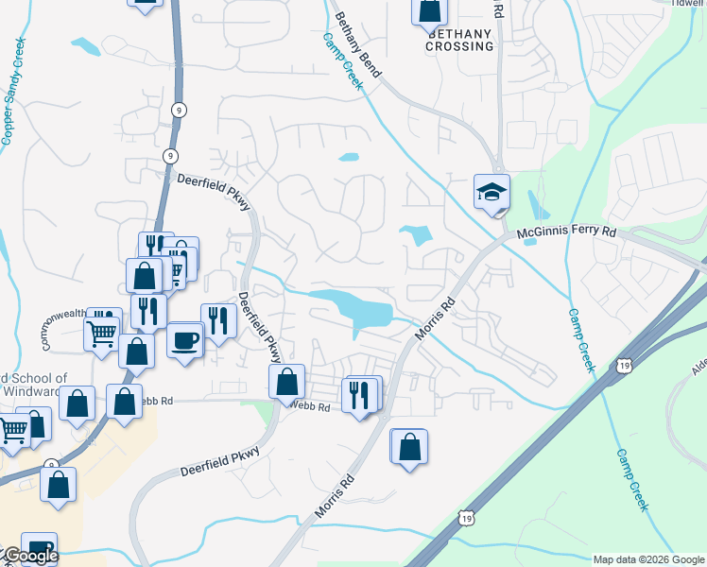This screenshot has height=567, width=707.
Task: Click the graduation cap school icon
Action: [491, 192]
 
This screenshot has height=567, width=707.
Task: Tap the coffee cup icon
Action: [185, 338]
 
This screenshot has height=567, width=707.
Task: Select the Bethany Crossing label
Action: [460, 39]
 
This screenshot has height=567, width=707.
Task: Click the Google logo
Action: [30, 556]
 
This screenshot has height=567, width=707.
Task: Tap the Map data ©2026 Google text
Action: [647, 559]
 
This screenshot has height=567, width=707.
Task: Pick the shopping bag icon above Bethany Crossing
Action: [429, 10]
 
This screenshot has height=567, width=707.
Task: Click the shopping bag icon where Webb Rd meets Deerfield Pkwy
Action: [287, 383]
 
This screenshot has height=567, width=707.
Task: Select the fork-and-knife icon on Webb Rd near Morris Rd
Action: [359, 395]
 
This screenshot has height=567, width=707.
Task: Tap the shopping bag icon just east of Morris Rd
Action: [409, 447]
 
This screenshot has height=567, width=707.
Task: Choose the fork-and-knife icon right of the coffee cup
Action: [217, 321]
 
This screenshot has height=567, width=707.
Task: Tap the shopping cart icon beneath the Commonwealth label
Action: [102, 332]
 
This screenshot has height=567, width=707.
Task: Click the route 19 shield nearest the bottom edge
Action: [464, 517]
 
